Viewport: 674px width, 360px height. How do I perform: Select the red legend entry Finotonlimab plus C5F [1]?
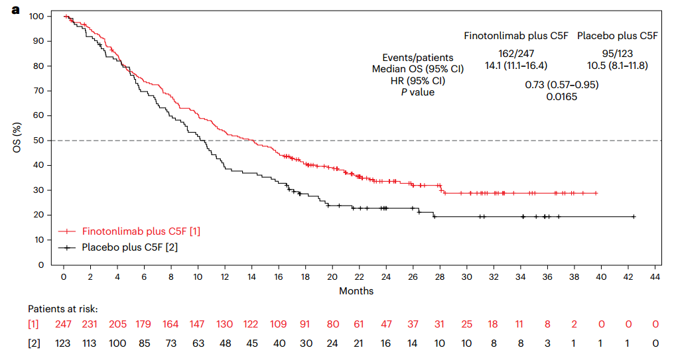tap(141, 231)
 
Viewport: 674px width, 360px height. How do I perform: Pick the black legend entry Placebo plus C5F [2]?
tap(129, 247)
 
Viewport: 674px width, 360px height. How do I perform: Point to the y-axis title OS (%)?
tap(17, 140)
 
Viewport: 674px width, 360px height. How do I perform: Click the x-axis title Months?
tap(356, 291)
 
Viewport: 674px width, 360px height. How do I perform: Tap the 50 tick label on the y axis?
tap(39, 141)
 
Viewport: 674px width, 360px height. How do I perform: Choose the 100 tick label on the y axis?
tap(36, 16)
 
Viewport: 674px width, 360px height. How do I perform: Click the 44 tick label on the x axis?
tap(655, 276)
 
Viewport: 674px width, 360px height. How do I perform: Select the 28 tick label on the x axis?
tap(440, 276)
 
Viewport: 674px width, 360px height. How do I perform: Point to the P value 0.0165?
tap(561, 97)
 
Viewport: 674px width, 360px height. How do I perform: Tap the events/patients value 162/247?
tap(516, 53)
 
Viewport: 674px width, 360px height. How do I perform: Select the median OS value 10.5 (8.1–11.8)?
tap(617, 65)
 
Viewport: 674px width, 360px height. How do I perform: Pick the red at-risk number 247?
tap(64, 325)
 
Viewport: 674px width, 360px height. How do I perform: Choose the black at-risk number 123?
tap(64, 343)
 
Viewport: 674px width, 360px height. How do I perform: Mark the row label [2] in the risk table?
tap(34, 343)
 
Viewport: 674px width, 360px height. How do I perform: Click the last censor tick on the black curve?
tap(634, 217)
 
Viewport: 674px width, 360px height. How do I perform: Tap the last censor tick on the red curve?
tap(596, 193)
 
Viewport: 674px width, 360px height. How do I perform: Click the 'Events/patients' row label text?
tap(418, 58)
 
